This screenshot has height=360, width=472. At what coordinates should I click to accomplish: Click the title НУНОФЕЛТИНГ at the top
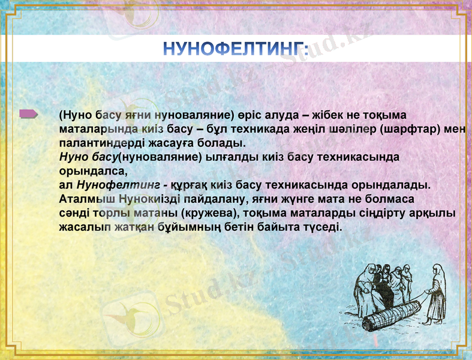click(x=236, y=49)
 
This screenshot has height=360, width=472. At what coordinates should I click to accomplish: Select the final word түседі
click(x=321, y=227)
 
